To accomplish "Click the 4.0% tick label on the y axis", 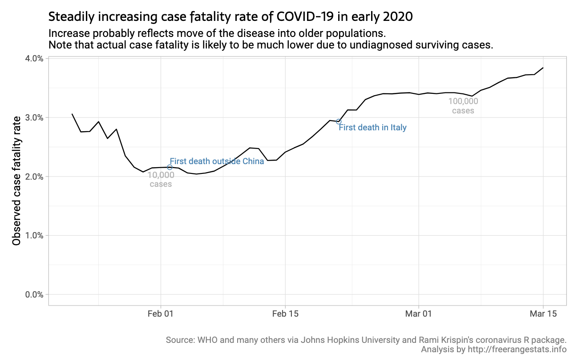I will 34,59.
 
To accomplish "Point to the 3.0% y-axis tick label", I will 34,117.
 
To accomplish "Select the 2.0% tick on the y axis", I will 34,177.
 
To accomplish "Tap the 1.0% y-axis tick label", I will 34,235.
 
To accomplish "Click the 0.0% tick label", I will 34,294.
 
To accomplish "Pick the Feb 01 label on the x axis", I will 160,314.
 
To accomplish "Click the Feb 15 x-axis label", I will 285,314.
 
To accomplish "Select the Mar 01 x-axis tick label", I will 419,314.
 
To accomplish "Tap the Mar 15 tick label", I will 543,314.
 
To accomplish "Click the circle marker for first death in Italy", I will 339,121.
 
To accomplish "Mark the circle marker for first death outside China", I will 170,167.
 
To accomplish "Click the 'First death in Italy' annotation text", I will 372,128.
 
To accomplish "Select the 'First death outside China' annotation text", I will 217,161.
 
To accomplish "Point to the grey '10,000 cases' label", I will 161,180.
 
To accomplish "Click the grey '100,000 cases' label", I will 463,106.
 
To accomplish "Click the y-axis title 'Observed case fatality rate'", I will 16,181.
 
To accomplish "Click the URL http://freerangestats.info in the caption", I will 517,350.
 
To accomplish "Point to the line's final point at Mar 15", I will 543,68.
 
